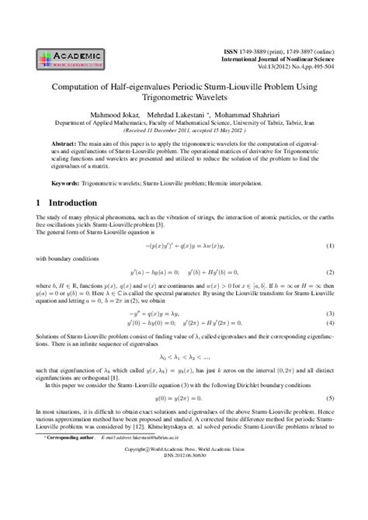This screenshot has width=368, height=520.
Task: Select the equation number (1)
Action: point(330,246)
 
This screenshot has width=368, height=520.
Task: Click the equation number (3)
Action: point(330,312)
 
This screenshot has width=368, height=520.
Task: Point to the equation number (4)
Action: point(330,322)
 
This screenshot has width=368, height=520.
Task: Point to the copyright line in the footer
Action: point(184,493)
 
